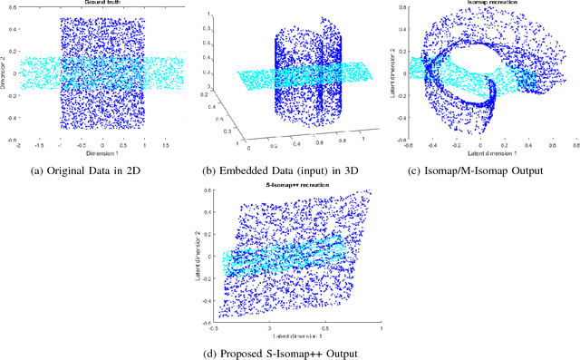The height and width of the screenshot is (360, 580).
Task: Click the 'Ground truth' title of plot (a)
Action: pos(101,4)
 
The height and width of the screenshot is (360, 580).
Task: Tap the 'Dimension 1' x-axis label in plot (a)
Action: pos(101,152)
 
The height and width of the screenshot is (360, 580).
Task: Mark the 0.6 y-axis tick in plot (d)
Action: pos(208,191)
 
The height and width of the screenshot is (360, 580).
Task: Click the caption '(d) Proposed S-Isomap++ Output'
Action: pos(289,352)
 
